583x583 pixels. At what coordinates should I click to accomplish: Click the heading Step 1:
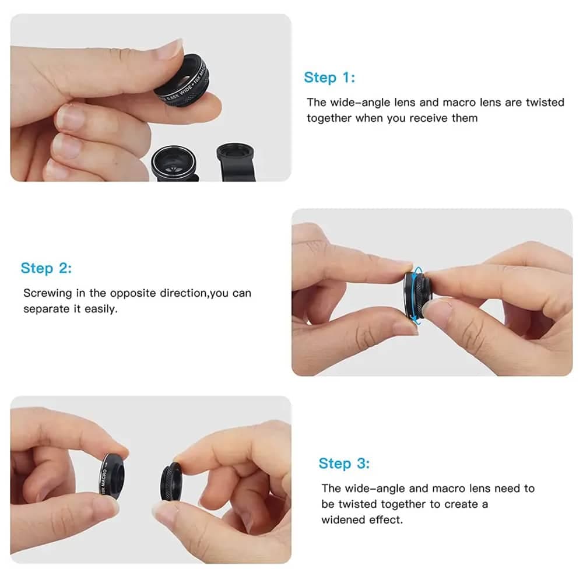coord(329,78)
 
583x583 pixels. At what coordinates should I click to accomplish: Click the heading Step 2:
coord(46,268)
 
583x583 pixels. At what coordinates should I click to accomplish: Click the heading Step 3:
coord(344,463)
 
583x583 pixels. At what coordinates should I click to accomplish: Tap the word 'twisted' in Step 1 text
coord(545,102)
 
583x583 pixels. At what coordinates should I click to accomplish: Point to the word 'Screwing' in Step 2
coord(48,293)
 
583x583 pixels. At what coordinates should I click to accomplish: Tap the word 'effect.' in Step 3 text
coord(386,519)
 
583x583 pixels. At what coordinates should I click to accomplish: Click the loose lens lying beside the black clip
coord(174,164)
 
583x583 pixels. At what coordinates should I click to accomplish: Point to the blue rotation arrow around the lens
coord(412,296)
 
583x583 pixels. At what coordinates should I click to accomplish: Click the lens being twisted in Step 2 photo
coord(417,296)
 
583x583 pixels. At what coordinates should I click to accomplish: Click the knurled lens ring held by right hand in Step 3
coord(171,482)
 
